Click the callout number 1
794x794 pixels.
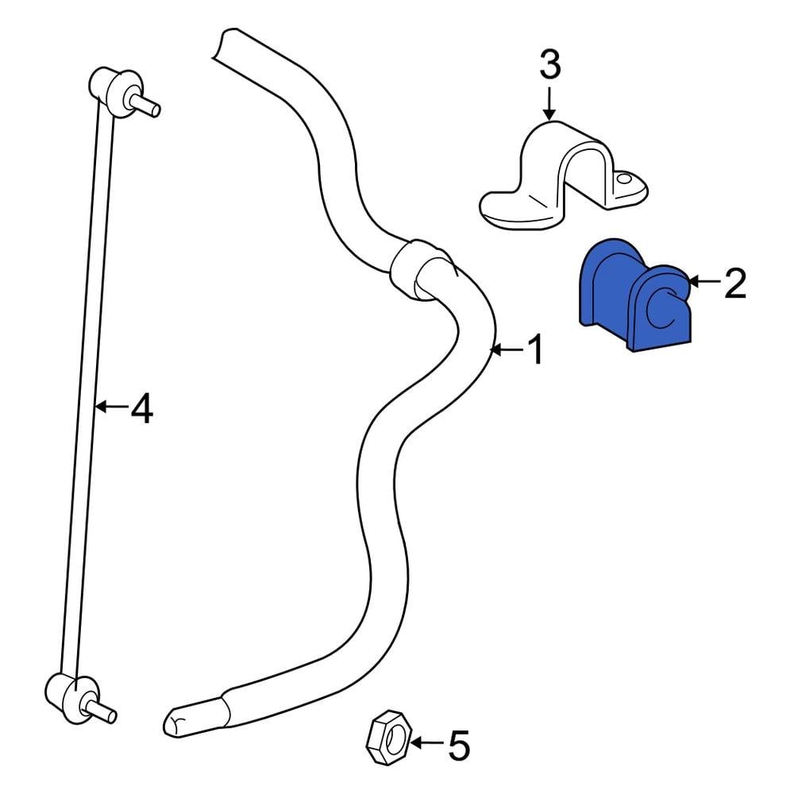pyautogui.click(x=536, y=349)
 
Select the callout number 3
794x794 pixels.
pyautogui.click(x=549, y=66)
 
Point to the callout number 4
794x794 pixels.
pyautogui.click(x=141, y=408)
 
